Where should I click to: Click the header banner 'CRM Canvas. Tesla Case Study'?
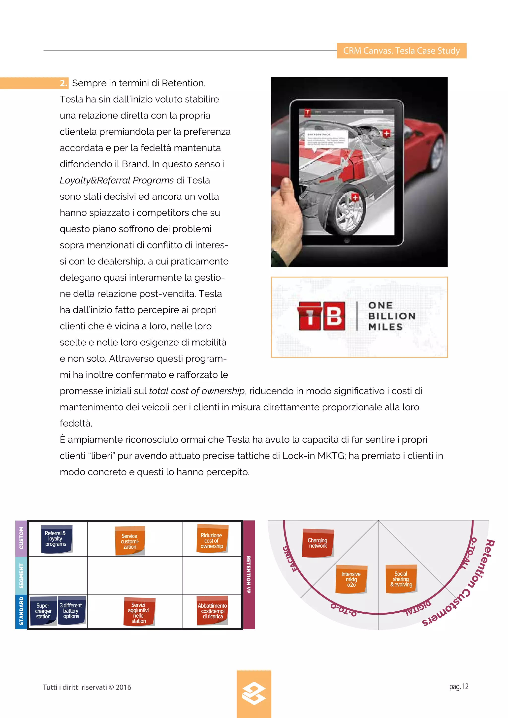coord(401,51)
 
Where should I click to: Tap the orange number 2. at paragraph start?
coord(63,83)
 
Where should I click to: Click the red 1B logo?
coord(321,316)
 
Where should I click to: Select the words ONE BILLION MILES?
coord(391,316)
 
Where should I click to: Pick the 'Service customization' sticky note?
coord(130,541)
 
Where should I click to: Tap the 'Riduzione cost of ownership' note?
coord(212,540)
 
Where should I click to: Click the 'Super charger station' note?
coord(43,610)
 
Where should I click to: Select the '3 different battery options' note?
coord(71,610)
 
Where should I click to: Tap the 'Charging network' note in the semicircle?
coord(317,543)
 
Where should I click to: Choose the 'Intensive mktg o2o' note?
coord(351,579)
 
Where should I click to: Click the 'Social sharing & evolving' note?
coord(401,579)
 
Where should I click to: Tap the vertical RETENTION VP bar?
coord(249,574)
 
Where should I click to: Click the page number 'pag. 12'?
coord(459,687)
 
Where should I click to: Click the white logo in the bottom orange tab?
coord(254,693)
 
